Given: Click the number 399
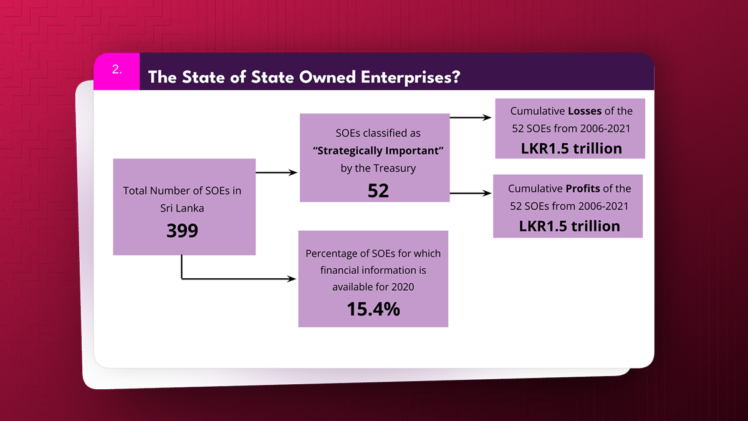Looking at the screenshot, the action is [x=182, y=230].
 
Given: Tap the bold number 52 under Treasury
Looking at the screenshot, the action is [x=378, y=190].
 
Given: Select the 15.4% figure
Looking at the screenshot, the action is [x=373, y=309].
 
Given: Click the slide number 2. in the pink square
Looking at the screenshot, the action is [x=117, y=69].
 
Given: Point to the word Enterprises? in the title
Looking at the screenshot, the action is [x=410, y=77].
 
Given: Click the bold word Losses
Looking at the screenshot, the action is [x=585, y=111].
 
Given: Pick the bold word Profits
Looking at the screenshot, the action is [x=583, y=188].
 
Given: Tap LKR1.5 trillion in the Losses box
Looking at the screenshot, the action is [x=572, y=148].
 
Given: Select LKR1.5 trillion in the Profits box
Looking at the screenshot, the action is [x=569, y=226].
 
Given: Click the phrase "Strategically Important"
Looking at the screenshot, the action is [x=378, y=151].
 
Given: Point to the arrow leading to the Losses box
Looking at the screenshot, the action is [x=471, y=118].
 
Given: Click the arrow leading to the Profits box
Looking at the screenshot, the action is [x=471, y=193].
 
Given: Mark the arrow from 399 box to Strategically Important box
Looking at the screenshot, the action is [x=277, y=172].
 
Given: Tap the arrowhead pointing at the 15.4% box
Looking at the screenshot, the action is [x=292, y=279].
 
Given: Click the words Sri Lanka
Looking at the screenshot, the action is [x=182, y=208].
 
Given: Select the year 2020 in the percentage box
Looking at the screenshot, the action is [x=403, y=287].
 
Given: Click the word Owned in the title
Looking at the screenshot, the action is [x=328, y=77].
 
